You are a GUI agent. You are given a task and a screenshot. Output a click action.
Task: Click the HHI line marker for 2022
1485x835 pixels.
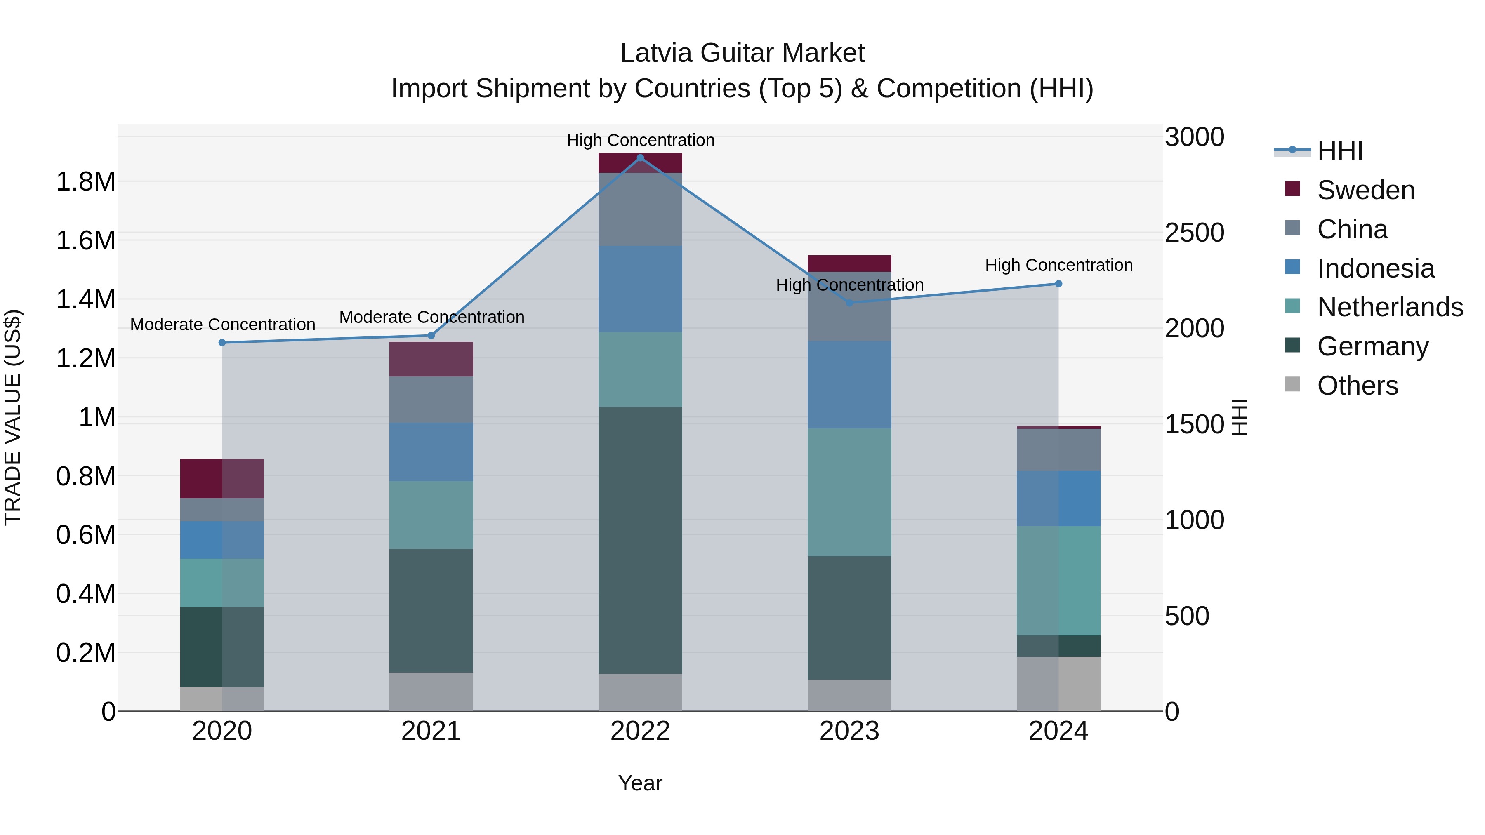pos(640,158)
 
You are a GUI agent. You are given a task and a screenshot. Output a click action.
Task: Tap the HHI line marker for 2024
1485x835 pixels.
pos(1058,284)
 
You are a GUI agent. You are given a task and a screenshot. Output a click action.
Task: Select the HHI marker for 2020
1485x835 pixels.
pos(222,343)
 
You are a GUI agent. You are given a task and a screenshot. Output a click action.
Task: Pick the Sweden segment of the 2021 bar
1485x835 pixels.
pos(431,359)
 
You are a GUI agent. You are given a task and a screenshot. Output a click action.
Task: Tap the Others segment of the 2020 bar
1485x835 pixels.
pos(222,699)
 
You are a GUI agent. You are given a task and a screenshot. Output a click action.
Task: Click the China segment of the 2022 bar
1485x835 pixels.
pos(640,209)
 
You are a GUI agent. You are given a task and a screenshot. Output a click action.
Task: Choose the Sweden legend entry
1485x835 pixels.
pos(1365,190)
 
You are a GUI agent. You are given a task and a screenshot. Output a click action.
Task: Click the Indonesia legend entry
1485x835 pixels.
pos(1375,268)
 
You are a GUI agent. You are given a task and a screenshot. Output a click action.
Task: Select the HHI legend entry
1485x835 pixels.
pos(1340,151)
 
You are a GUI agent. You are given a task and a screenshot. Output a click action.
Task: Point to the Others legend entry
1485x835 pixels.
pos(1357,386)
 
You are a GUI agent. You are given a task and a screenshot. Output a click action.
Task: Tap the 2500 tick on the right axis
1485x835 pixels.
pos(1194,233)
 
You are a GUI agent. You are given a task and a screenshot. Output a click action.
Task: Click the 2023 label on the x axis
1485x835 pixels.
pos(849,731)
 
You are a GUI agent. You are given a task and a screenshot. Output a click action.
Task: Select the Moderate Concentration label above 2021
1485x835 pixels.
pos(431,317)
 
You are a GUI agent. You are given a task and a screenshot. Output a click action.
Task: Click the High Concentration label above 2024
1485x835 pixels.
pos(1058,265)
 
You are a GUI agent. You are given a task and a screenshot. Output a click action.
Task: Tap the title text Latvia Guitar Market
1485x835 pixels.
pos(742,53)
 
